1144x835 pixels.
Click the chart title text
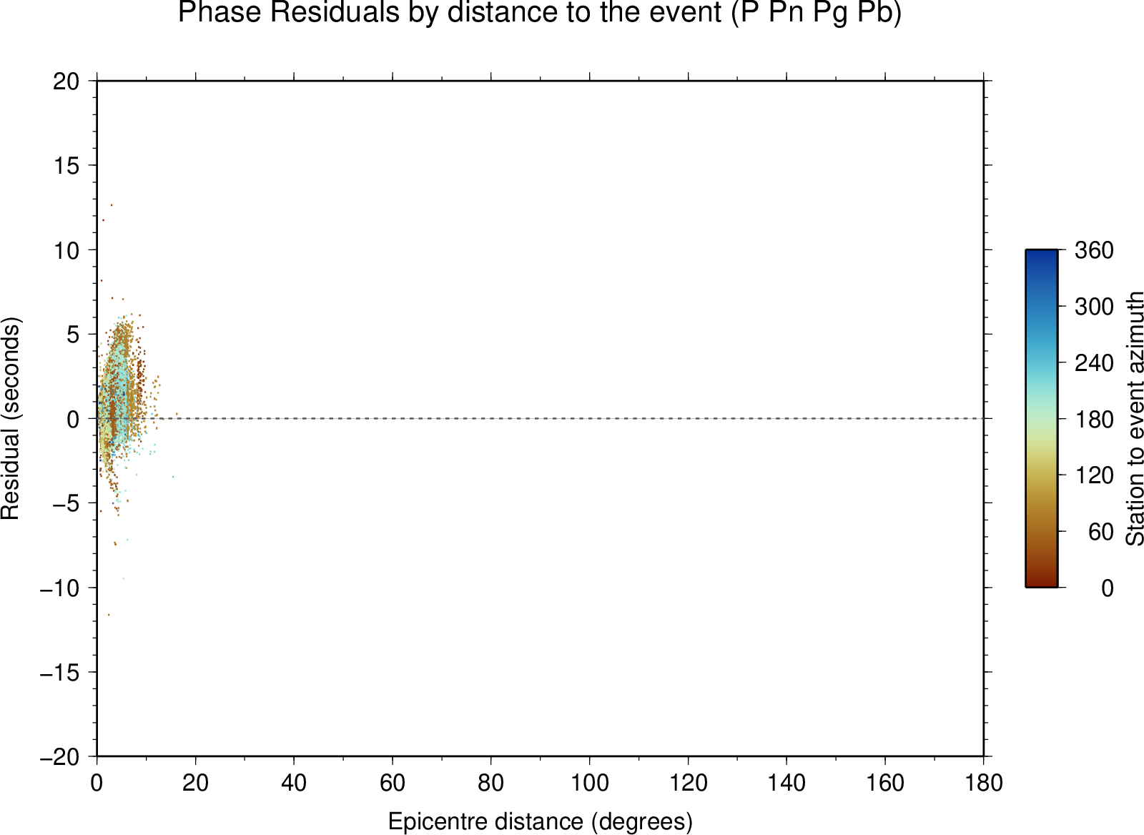pos(540,12)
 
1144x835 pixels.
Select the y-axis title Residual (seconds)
pos(10,418)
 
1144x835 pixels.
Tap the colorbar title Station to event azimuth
pos(1134,418)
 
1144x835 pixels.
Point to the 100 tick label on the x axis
pos(589,783)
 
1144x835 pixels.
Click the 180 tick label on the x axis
pos(984,783)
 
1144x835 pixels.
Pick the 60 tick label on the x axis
pos(393,783)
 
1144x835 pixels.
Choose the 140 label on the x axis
pos(786,783)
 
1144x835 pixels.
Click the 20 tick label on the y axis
pos(66,81)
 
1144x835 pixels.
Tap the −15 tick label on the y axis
pos(60,673)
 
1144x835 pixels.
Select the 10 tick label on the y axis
pos(66,250)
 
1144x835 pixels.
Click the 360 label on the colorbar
pos(1094,250)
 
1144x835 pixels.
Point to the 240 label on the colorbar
pos(1094,363)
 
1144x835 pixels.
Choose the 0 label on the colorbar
pos(1108,588)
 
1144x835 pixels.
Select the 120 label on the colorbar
pos(1094,475)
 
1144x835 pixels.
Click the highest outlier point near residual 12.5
pos(112,205)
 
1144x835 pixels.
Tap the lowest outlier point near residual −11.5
pos(108,614)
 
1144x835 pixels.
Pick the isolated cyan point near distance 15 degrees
pos(172,477)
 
